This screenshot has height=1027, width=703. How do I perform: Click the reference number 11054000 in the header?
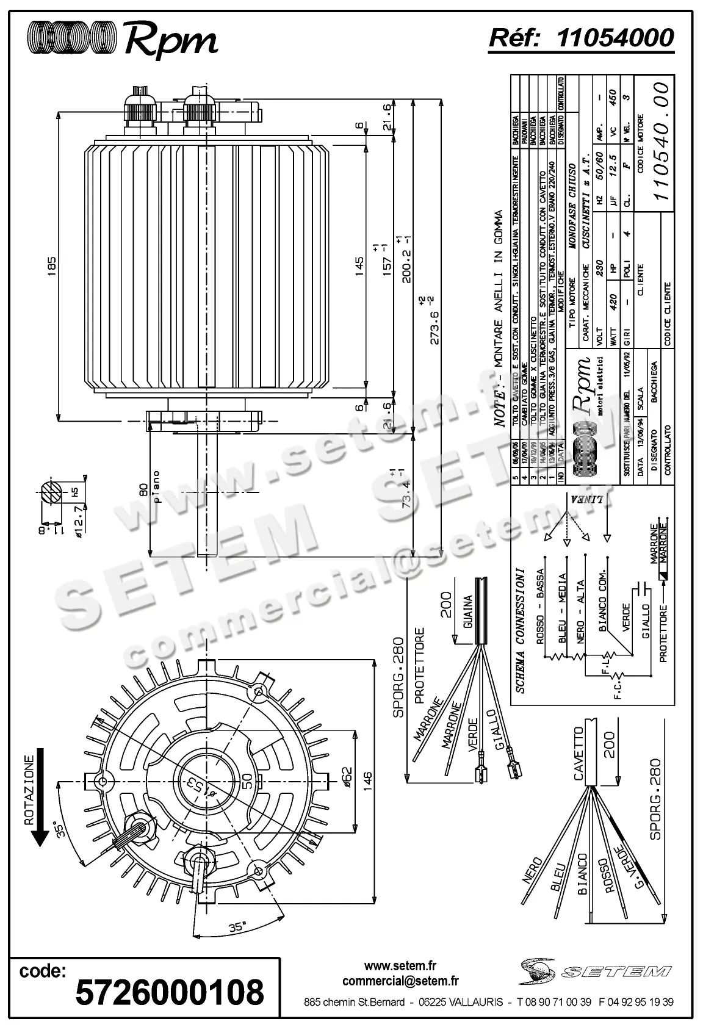tap(615, 37)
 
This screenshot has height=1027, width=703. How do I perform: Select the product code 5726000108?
tap(170, 992)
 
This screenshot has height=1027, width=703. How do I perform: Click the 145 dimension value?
tap(359, 264)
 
